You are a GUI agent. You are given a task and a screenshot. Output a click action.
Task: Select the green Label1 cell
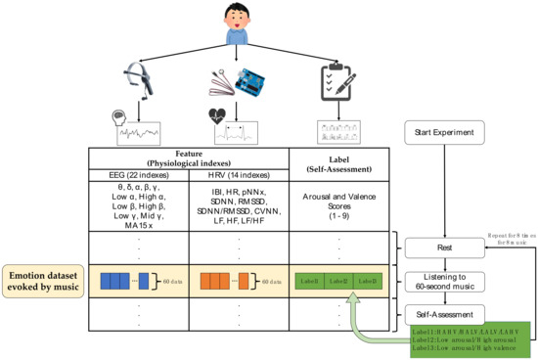pyautogui.click(x=312, y=281)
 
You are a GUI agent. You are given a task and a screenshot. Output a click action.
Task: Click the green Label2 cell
pyautogui.click(x=338, y=281)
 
